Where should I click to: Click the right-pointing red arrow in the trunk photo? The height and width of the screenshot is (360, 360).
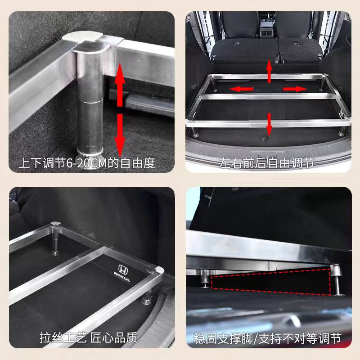click(x=295, y=89)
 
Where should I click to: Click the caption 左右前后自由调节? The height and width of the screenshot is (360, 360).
click(x=269, y=163)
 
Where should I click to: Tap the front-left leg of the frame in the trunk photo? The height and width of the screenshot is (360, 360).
click(x=195, y=132)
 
